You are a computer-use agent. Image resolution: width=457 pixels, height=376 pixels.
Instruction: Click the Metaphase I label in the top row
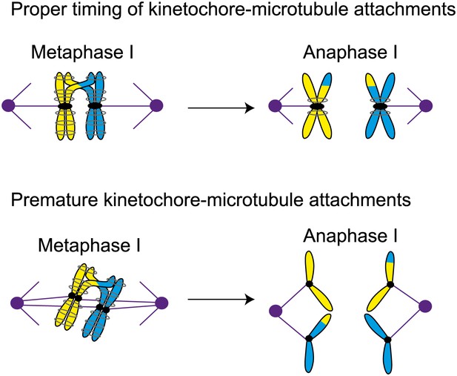point(82,53)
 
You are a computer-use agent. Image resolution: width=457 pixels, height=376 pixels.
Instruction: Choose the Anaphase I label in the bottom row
point(350,236)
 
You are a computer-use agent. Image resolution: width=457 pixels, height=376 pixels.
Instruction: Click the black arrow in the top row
point(221,108)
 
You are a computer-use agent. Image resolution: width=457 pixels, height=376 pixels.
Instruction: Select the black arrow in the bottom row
point(221,300)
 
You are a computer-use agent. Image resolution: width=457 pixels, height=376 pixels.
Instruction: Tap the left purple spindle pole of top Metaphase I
point(8,105)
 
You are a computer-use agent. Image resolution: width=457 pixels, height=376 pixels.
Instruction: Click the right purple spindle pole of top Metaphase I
point(157,105)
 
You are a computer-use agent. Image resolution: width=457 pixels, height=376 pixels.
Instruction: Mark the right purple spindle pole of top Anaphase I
point(426,105)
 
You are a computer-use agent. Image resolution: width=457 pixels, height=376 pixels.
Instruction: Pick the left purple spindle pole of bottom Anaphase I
point(275,311)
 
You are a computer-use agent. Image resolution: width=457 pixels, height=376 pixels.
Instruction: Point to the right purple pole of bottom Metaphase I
point(161,303)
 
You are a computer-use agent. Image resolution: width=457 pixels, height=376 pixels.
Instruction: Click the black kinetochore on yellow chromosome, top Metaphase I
point(64,106)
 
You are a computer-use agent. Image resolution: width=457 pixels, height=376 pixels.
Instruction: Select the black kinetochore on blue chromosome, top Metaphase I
point(94,105)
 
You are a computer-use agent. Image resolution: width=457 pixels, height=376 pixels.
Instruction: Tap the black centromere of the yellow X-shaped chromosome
point(317,107)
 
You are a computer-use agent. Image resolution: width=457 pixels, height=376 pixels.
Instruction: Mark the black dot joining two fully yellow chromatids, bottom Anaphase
point(309,284)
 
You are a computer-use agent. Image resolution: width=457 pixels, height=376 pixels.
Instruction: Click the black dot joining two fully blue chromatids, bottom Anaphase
point(387,340)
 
